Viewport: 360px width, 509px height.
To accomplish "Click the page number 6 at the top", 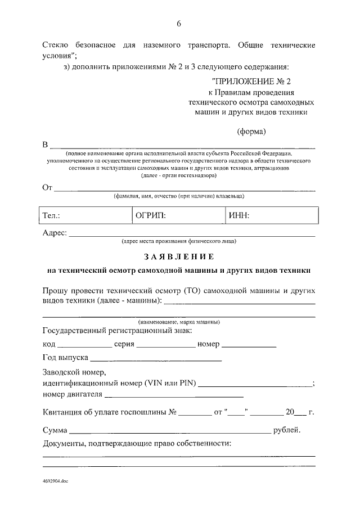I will (x=179, y=24).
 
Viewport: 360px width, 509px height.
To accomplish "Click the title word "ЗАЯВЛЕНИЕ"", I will (x=179, y=257).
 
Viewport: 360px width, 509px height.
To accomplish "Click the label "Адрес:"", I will (x=55, y=233).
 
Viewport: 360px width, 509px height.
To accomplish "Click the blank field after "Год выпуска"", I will (x=156, y=359).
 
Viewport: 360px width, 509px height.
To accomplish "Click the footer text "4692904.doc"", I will (x=55, y=483).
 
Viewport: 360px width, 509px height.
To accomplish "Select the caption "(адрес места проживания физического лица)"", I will (x=179, y=242).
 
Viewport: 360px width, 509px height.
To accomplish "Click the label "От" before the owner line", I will (x=47, y=187).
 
